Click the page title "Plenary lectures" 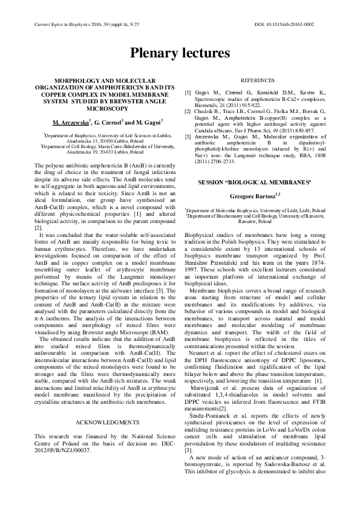pyautogui.click(x=180, y=53)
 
